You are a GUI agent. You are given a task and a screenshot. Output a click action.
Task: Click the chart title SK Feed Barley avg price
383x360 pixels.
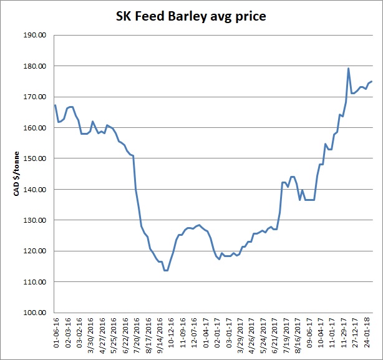(x=191, y=16)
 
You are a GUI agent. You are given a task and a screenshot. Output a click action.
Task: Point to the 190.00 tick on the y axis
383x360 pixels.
(x=36, y=36)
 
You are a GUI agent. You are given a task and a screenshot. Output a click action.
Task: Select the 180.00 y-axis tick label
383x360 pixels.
(x=36, y=66)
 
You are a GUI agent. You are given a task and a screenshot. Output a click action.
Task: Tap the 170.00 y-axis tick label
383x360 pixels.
(x=36, y=97)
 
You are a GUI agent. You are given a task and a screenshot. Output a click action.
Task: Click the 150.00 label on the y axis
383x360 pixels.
(x=36, y=158)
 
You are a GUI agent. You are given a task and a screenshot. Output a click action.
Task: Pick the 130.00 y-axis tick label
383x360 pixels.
(x=36, y=220)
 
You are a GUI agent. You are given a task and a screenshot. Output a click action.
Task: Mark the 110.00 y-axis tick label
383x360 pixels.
(x=36, y=282)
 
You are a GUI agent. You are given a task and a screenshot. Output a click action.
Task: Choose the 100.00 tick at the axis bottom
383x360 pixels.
(x=36, y=313)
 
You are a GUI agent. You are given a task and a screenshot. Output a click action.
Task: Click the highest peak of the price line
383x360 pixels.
(x=348, y=68)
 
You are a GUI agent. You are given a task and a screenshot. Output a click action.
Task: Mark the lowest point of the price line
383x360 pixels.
(x=166, y=270)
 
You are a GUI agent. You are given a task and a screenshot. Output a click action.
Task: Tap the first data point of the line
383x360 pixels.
(x=55, y=105)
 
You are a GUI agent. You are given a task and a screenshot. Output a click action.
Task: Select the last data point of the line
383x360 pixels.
(x=372, y=81)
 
